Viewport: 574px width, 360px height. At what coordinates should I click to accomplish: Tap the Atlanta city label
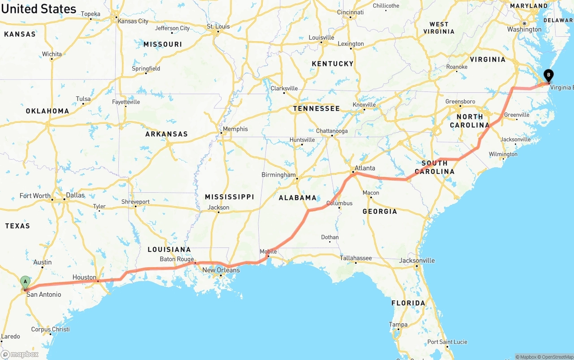point(365,168)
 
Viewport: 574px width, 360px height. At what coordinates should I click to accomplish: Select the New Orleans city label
point(221,270)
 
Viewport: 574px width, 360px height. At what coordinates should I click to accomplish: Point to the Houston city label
point(84,278)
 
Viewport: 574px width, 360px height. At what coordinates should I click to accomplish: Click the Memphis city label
point(235,129)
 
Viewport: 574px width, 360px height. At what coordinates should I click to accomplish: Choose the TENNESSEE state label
point(317,108)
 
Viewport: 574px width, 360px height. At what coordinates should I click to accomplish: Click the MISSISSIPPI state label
point(229,197)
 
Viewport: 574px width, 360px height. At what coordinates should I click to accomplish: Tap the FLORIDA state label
point(408,303)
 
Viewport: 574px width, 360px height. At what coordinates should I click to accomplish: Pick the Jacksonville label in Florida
point(417,260)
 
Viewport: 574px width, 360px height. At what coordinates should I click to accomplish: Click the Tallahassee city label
point(356,258)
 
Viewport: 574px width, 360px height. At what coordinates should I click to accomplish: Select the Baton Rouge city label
point(177,259)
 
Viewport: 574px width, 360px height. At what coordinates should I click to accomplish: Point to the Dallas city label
point(75,195)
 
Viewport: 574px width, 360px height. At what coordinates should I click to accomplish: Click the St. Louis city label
point(218,26)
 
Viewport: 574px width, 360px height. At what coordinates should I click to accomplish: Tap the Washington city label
point(524,30)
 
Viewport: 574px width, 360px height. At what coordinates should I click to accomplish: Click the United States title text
point(39,9)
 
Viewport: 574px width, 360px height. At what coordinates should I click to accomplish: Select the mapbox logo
point(20,354)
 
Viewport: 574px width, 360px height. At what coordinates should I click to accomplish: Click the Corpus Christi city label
point(50,329)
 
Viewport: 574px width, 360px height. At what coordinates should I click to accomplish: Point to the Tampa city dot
point(397,330)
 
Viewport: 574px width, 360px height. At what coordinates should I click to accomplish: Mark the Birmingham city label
point(278,174)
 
